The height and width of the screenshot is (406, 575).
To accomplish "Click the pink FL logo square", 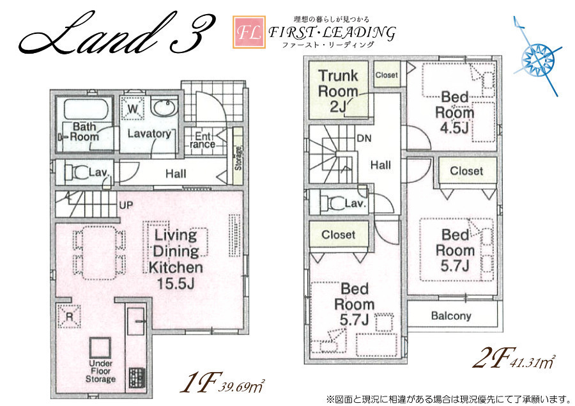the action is pos(249,32).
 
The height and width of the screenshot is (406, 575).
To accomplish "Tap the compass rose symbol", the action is pos(537,58).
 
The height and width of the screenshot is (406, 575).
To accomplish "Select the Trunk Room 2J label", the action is pos(338,91).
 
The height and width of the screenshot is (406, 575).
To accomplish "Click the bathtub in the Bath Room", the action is pos(86,109).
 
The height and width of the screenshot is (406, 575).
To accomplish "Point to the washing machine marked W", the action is pos(133,109).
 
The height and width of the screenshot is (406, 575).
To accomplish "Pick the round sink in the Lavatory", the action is pos(164,107).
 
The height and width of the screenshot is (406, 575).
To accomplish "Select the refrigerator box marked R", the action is pos(69,316).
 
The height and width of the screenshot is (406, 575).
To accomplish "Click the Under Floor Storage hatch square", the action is pos(100,347).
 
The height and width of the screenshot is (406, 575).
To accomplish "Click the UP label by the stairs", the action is pos(126,205).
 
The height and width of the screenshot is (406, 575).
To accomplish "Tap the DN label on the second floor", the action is pos(364,138).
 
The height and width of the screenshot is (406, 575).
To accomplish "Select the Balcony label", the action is pos(451,316).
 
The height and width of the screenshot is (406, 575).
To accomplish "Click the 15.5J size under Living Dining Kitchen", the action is pos(176,283).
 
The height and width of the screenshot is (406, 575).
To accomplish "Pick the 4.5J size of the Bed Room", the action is pos(454,128).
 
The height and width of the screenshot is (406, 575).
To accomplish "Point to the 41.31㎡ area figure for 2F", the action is pos(532,363).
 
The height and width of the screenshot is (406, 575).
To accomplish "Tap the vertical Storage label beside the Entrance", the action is pos(238,158).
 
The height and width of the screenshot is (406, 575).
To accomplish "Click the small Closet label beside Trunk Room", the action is pos(387,75).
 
